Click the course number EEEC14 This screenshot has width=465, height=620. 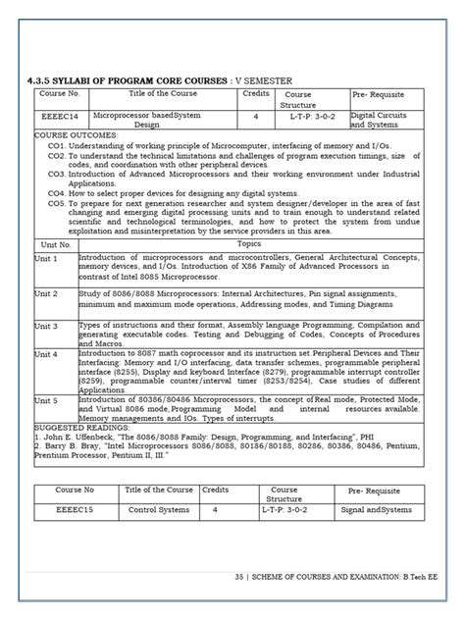click(x=56, y=115)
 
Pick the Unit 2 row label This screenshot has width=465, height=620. click(x=46, y=292)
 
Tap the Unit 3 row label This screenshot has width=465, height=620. click(x=46, y=324)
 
